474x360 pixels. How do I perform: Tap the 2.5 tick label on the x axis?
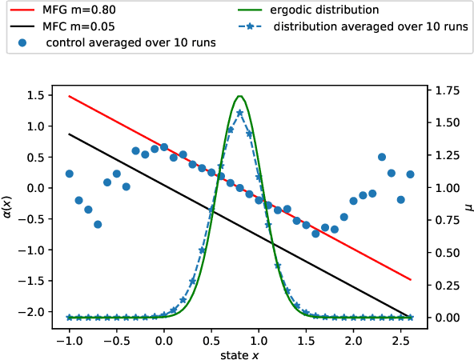tap(400, 337)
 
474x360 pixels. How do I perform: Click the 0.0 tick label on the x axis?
tap(164, 337)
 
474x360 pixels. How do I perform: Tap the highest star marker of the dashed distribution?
tap(239, 113)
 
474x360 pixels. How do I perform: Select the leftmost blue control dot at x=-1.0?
tap(69, 174)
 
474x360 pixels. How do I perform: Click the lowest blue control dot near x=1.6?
tap(315, 234)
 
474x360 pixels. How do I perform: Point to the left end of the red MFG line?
tap(69, 96)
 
